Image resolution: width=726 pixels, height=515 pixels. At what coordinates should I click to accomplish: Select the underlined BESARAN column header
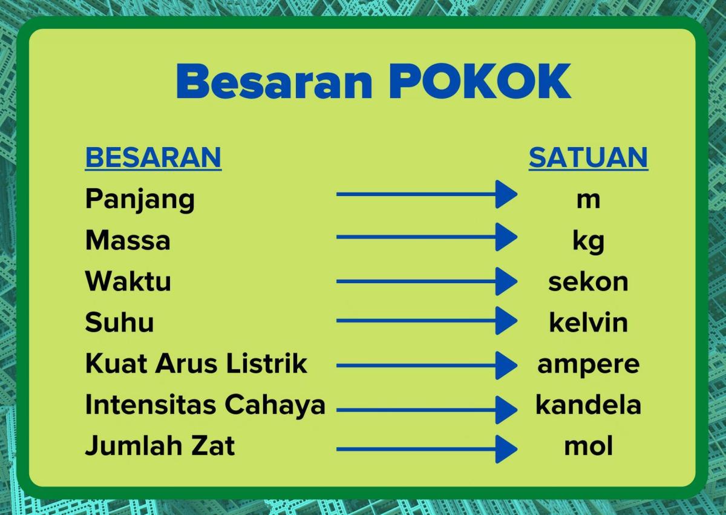coord(153,157)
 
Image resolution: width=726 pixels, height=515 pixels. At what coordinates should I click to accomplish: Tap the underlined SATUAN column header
coord(588,157)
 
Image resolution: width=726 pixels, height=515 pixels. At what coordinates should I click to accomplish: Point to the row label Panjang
coord(140,199)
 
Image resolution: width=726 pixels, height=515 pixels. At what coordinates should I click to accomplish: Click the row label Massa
coord(128,240)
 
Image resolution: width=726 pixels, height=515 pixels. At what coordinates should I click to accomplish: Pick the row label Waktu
coord(128,281)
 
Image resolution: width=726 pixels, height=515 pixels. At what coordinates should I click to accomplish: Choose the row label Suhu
coord(119,323)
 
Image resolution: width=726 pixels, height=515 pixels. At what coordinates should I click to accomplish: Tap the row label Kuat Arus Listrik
coord(196,364)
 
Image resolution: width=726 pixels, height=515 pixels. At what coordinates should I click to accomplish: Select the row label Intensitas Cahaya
coord(205,405)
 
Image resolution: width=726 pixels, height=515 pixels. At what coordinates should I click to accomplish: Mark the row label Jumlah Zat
coord(160,447)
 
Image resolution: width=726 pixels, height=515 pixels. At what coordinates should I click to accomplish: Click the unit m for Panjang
coord(588,200)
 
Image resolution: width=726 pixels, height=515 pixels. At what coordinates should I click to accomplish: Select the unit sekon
coord(588,282)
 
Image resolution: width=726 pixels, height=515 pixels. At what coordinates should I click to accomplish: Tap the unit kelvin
coord(588,323)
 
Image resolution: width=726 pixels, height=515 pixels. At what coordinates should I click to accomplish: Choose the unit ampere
coord(588,364)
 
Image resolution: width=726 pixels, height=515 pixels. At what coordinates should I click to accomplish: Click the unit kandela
coord(588,405)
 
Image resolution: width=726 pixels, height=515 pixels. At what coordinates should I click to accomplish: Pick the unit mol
coord(588,447)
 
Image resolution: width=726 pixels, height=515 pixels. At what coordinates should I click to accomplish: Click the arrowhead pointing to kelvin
coord(506,320)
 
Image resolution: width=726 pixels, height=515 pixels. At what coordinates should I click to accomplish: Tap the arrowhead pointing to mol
coord(506,449)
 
